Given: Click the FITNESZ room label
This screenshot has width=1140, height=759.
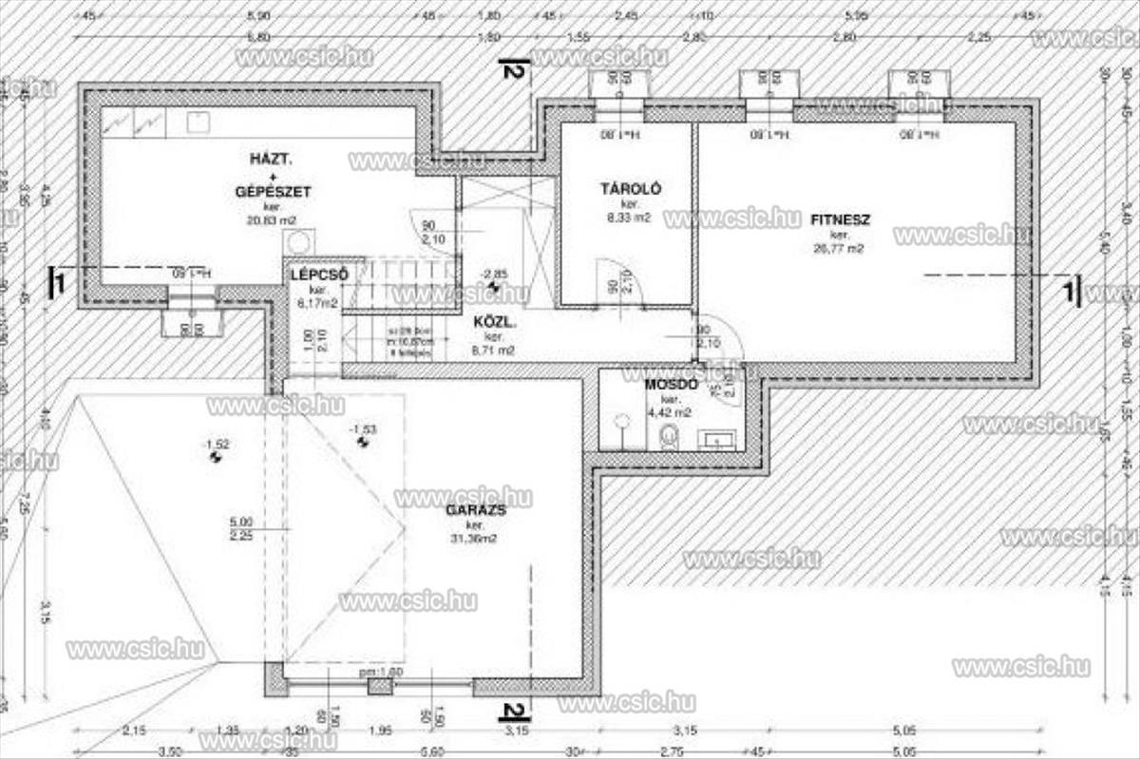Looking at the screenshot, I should tap(840, 219).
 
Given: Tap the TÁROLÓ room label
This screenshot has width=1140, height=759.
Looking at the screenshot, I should tap(630, 189).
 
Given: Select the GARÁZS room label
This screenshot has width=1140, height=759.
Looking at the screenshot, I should tap(475, 510).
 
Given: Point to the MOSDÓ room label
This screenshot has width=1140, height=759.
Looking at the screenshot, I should tap(672, 385).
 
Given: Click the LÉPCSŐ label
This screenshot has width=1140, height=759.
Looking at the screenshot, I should tap(318, 275).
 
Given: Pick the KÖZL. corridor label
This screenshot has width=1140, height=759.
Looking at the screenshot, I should tap(495, 322).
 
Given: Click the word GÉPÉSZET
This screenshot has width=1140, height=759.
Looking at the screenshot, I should tap(273, 191).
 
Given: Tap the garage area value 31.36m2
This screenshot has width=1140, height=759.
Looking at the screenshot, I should tap(475, 538).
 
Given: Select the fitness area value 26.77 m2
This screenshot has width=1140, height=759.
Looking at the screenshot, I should tap(839, 249).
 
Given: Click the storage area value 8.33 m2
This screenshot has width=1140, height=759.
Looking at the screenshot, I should tap(629, 218).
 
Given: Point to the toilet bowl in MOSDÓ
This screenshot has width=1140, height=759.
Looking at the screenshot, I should tap(668, 436).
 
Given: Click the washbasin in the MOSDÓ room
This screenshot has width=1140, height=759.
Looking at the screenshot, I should tap(716, 439).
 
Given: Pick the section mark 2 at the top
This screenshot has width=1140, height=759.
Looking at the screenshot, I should tap(514, 69).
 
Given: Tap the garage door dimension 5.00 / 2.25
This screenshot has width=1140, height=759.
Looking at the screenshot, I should tap(240, 528).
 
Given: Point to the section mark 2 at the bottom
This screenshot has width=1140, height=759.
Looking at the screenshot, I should tap(514, 711).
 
